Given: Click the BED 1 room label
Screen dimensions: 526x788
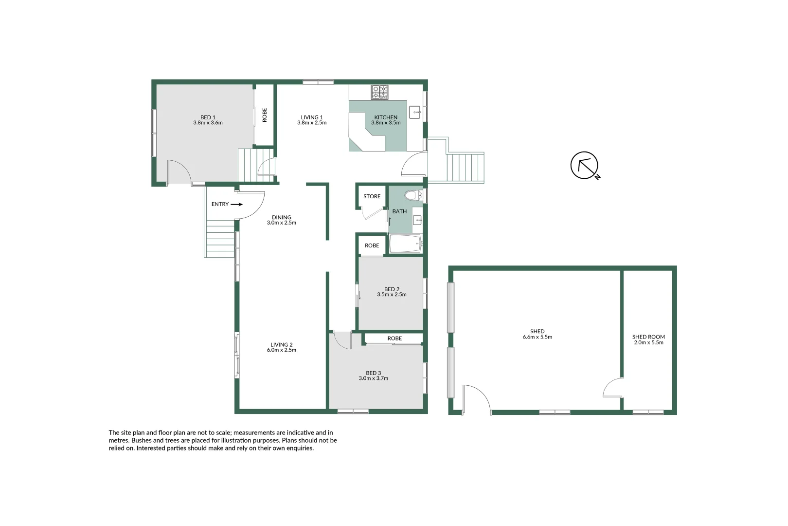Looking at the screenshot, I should click(208, 117).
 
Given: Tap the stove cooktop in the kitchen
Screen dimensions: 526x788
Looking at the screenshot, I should click(380, 92).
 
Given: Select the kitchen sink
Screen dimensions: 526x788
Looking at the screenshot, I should click(415, 112).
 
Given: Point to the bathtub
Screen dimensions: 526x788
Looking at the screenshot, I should click(405, 244).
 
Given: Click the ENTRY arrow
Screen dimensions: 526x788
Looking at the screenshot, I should click(236, 205).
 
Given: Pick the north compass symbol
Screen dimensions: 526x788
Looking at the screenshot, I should click(584, 166).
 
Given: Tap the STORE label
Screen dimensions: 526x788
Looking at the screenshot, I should click(372, 196).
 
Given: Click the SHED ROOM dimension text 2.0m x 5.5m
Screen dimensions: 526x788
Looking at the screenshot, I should click(648, 342).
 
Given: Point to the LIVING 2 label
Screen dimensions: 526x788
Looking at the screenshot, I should click(282, 345).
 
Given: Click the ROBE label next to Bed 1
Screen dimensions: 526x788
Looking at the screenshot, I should click(265, 115).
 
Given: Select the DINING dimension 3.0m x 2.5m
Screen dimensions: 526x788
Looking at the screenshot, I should click(281, 223).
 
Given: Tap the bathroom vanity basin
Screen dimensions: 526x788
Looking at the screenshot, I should click(417, 220).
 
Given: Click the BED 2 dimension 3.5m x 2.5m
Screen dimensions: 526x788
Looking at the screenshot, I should click(392, 295).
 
